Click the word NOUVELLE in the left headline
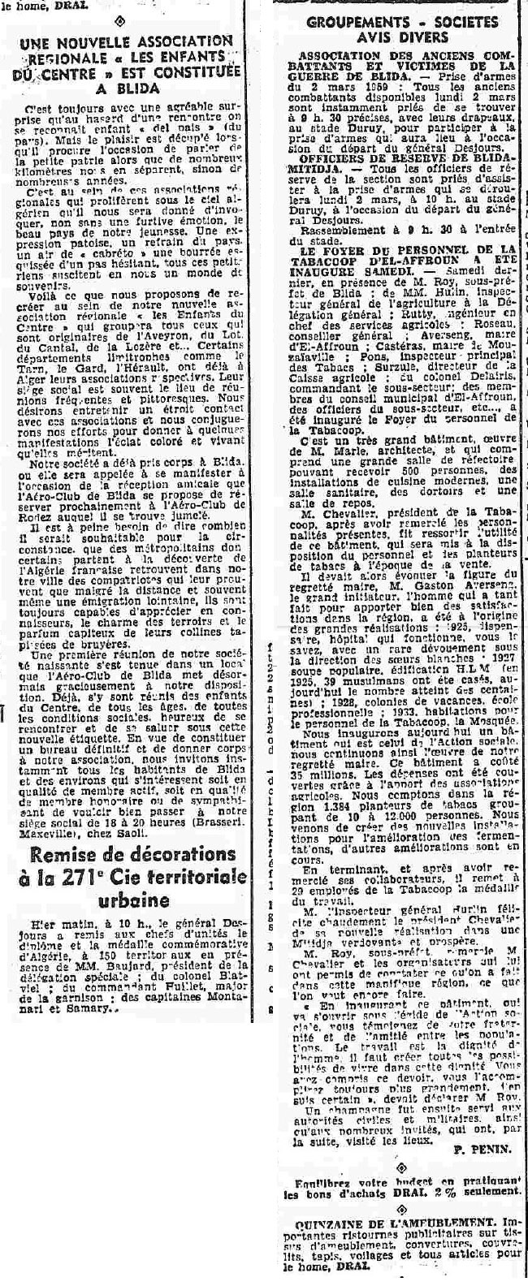(x=98, y=40)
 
